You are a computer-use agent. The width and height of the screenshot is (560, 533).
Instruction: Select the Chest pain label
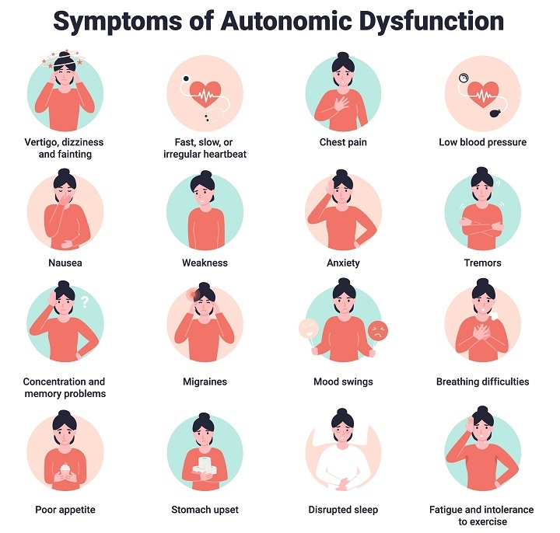[343, 142]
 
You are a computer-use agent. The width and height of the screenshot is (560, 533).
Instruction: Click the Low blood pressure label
[482, 142]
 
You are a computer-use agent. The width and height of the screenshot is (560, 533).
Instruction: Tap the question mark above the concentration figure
[86, 301]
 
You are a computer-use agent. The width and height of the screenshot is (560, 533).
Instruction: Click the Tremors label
[482, 263]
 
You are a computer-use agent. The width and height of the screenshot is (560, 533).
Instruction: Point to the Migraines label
[205, 381]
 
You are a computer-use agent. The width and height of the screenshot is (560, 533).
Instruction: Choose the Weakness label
[205, 263]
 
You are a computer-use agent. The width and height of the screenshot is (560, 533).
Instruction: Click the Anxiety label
[343, 263]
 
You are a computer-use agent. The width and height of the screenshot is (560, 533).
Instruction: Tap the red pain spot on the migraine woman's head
[191, 294]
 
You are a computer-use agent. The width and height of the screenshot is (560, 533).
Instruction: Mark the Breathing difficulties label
[482, 381]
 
